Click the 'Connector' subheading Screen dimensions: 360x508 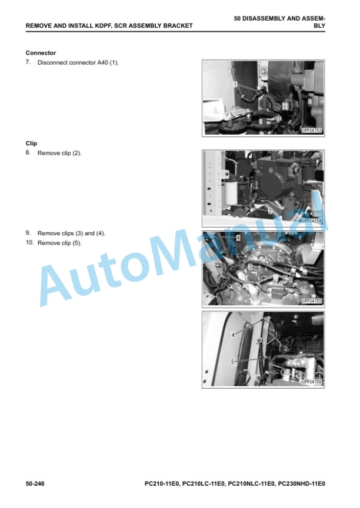41,53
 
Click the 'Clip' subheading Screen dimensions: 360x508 31,143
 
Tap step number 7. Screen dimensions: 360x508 28,62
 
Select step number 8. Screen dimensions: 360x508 28,153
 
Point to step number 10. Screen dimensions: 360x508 29,242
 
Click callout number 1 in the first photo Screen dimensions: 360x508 236,85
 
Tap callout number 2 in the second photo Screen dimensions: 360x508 270,211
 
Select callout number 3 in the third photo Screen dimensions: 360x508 250,266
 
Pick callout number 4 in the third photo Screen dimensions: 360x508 238,238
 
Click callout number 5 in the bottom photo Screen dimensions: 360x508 233,361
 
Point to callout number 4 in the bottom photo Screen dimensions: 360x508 233,335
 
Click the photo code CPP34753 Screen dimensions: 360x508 312,131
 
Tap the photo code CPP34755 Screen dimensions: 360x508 312,301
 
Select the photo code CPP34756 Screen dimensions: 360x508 312,382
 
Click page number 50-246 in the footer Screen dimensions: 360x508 35,484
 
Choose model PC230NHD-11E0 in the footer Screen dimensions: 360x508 301,484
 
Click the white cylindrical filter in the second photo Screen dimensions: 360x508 231,193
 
